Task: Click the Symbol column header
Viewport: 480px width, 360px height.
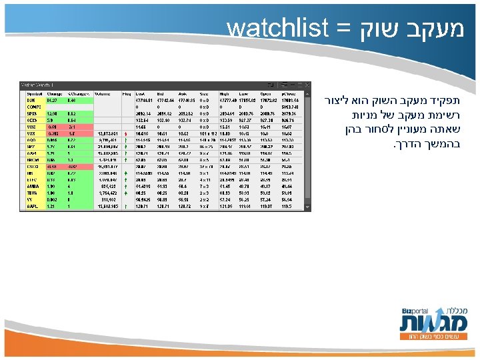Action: tap(31, 93)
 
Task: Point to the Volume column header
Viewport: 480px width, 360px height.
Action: tap(103, 93)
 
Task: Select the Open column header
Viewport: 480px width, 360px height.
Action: tap(266, 93)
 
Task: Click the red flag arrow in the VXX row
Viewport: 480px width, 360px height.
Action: tap(125, 133)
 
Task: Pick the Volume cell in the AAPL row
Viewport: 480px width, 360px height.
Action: tap(107, 207)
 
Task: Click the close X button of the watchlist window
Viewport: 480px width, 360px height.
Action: tap(305, 85)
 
